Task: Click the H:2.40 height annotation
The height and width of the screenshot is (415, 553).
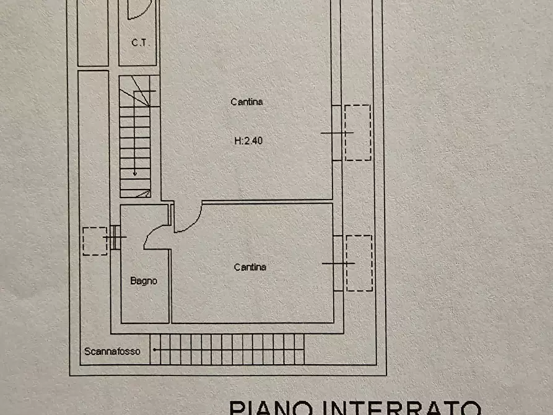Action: (248, 141)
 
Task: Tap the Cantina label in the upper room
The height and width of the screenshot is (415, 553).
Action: (246, 102)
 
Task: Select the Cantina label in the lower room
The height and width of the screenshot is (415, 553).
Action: (250, 267)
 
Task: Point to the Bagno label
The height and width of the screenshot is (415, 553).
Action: (144, 281)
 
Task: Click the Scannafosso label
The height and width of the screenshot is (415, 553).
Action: (113, 351)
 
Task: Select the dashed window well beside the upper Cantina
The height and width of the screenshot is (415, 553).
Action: (358, 133)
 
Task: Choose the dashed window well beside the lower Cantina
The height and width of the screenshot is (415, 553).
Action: (359, 263)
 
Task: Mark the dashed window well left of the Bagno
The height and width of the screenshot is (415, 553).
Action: (94, 241)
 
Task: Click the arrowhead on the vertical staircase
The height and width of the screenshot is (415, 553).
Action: (134, 173)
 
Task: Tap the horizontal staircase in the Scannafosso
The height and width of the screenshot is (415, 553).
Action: (227, 349)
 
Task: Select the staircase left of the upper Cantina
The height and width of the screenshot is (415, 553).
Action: (136, 136)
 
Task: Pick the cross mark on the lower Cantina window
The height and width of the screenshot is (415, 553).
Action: (338, 263)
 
